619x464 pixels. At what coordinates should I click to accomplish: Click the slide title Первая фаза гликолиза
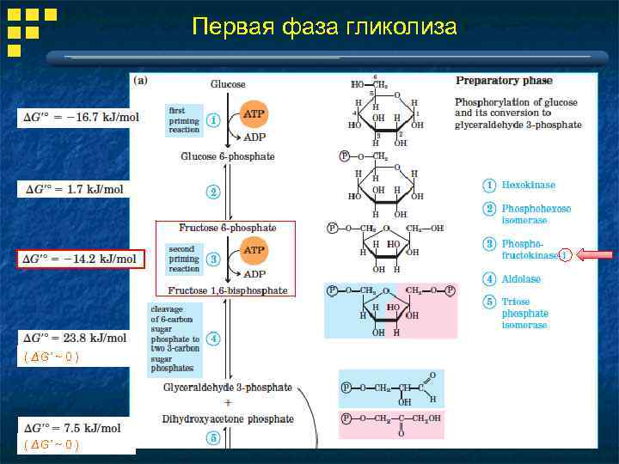tap(324, 27)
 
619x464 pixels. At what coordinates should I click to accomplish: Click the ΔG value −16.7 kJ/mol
tap(79, 117)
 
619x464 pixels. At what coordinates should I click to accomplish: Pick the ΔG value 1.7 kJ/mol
tap(74, 189)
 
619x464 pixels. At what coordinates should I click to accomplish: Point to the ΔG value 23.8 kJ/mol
tap(75, 338)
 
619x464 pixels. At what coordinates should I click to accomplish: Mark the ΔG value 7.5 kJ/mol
tap(73, 428)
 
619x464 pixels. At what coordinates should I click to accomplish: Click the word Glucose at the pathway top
tap(228, 84)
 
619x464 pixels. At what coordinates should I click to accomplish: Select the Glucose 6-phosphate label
tap(228, 156)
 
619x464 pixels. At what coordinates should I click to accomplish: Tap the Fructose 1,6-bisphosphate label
tap(228, 290)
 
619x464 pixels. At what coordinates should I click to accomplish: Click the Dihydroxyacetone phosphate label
tap(228, 419)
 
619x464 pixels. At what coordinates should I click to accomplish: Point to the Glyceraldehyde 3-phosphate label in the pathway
tap(228, 388)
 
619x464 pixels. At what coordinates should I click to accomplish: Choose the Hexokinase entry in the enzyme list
tap(528, 185)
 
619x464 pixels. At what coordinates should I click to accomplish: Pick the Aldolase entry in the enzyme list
tap(521, 279)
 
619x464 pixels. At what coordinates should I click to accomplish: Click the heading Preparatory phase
tap(504, 81)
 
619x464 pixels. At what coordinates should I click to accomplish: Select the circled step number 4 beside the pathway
tap(213, 338)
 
